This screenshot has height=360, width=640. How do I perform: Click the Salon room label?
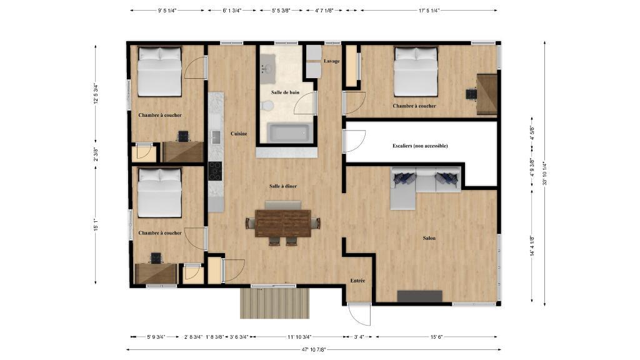tap(429, 238)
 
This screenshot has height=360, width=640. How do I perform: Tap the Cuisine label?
tap(238, 134)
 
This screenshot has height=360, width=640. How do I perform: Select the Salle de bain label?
tap(285, 92)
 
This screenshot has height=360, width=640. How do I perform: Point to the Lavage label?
tap(332, 61)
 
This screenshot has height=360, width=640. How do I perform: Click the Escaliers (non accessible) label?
tap(420, 146)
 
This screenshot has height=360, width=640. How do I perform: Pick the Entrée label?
tap(357, 281)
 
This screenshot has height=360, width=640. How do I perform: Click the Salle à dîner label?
tap(282, 186)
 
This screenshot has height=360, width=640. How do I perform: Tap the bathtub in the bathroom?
tap(289, 133)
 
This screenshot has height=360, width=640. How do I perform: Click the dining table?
tap(283, 222)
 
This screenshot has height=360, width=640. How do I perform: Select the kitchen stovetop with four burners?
tap(215, 170)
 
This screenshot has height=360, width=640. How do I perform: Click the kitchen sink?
tap(216, 137)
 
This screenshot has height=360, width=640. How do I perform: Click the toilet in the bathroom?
tap(268, 106)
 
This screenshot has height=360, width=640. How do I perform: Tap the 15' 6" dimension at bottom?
tap(437, 337)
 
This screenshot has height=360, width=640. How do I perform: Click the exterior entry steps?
tap(275, 302)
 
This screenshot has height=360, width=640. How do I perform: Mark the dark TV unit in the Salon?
tap(419, 296)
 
